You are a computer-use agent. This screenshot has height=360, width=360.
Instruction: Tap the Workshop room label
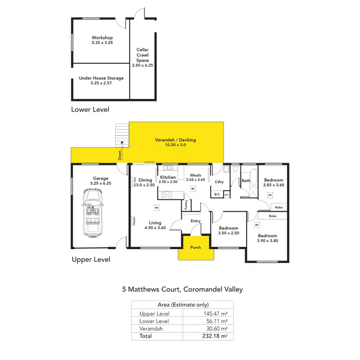102,37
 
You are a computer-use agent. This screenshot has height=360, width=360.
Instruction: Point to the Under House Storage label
101,78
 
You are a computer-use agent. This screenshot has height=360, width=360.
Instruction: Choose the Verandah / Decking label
175,140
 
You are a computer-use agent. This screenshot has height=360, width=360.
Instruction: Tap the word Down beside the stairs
120,155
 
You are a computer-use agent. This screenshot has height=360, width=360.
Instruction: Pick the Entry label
195,221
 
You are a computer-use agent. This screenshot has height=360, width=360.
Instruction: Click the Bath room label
246,181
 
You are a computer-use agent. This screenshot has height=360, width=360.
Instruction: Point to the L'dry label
219,181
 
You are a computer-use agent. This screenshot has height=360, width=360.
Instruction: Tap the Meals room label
195,175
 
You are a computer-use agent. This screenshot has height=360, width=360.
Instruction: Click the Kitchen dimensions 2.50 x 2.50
168,182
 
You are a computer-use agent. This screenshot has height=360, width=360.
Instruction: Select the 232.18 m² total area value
216,336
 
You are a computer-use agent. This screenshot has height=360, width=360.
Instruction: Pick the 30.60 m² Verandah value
217,329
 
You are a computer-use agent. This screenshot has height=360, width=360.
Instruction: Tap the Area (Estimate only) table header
182,305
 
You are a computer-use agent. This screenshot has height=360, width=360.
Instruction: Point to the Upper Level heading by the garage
91,259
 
